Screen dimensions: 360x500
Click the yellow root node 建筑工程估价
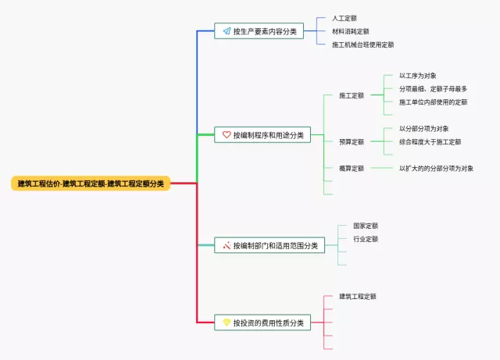tap(91, 184)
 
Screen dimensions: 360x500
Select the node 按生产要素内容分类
tap(264, 31)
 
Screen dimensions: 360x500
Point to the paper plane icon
tap(227, 31)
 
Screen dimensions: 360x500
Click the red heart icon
tap(227, 135)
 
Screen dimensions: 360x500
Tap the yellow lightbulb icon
tap(227, 323)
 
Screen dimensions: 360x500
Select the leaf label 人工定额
tap(345, 18)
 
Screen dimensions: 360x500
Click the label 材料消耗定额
tap(350, 31)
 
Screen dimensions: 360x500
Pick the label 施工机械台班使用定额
tap(362, 45)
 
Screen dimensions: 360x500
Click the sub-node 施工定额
tap(352, 96)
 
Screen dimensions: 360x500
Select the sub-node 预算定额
tap(352, 142)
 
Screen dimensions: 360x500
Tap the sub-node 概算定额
tap(352, 169)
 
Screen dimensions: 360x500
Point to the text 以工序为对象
tap(418, 76)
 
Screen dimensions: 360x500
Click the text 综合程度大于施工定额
tap(430, 142)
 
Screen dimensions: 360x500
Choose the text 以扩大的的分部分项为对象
tap(436, 169)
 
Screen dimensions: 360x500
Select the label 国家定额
tap(366, 226)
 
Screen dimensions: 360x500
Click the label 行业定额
tap(366, 239)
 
